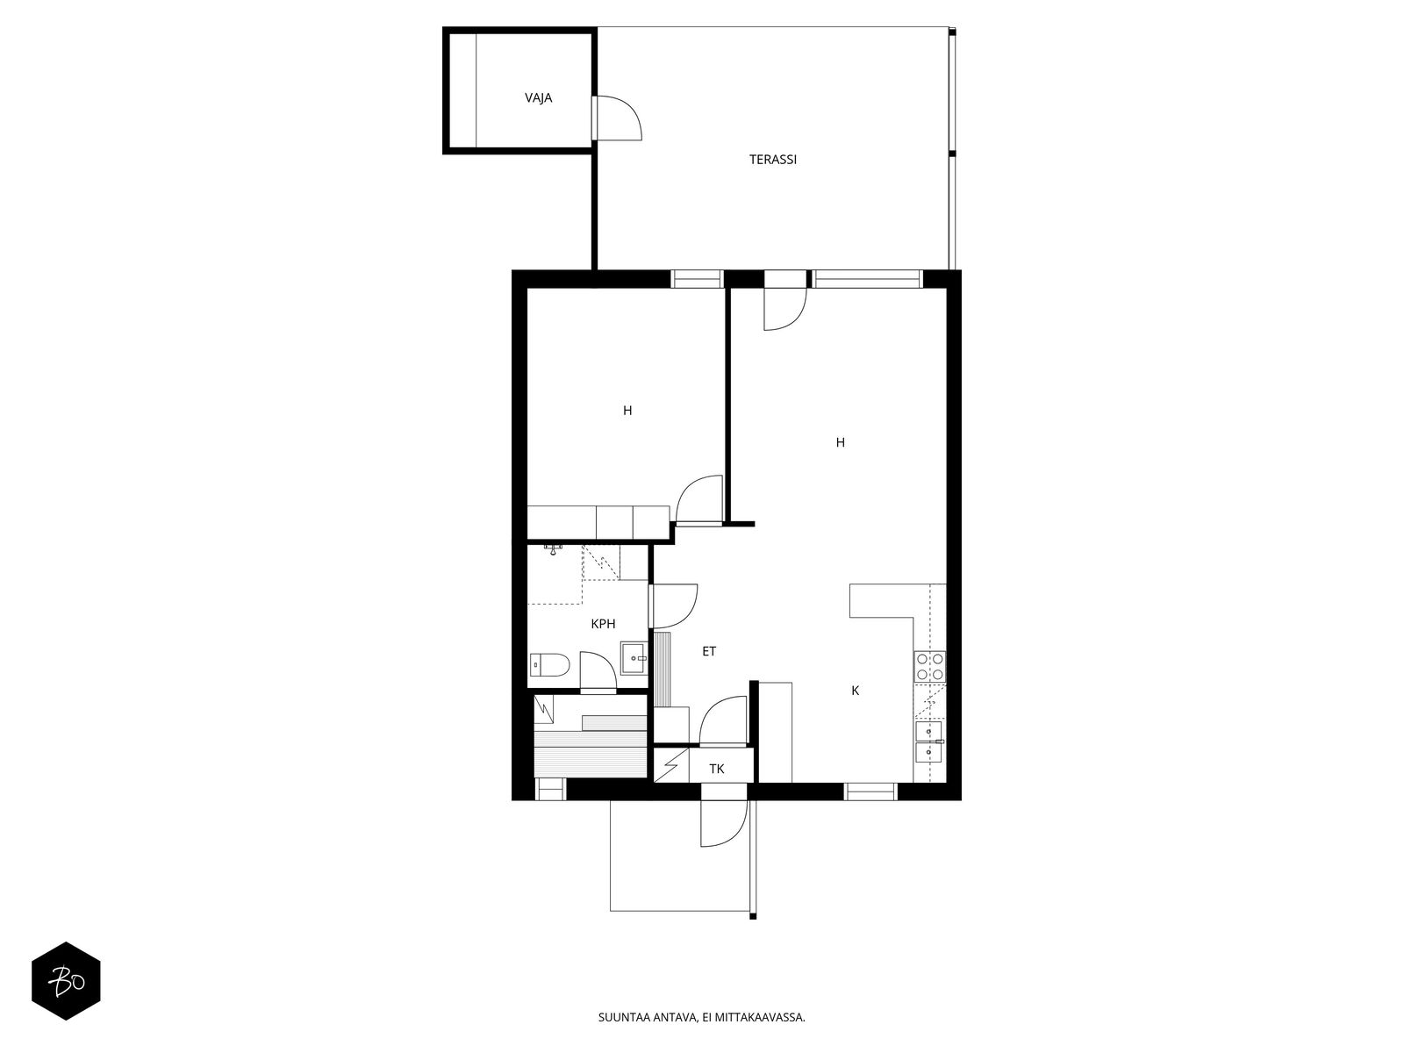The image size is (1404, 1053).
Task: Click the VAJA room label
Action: (538, 97)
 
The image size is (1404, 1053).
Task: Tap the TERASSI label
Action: (773, 159)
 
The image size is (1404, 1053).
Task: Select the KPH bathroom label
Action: (603, 624)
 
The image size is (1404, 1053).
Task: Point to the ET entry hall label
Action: (709, 651)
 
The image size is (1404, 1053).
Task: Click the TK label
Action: (716, 770)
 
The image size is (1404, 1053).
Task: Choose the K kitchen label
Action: (856, 691)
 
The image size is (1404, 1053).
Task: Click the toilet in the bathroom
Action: (549, 665)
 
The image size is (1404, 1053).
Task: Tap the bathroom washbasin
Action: (634, 658)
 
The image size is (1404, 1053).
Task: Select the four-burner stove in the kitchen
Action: (929, 666)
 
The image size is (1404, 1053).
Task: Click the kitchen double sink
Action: (929, 741)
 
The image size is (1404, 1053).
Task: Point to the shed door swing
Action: (617, 118)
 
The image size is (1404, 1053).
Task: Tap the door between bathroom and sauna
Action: (598, 671)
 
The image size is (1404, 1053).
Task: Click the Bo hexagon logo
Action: (66, 981)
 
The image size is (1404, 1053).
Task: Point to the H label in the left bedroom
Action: (627, 411)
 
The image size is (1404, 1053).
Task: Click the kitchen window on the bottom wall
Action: (870, 792)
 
